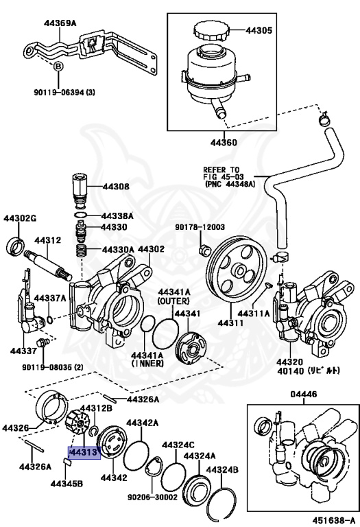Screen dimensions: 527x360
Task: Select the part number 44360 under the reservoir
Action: coord(221,143)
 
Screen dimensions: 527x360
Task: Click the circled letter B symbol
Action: coord(59,67)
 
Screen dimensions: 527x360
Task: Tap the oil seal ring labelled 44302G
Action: coord(16,246)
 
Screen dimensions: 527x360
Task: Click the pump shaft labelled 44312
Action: coord(48,263)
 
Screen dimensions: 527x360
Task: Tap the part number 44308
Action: coord(116,186)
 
